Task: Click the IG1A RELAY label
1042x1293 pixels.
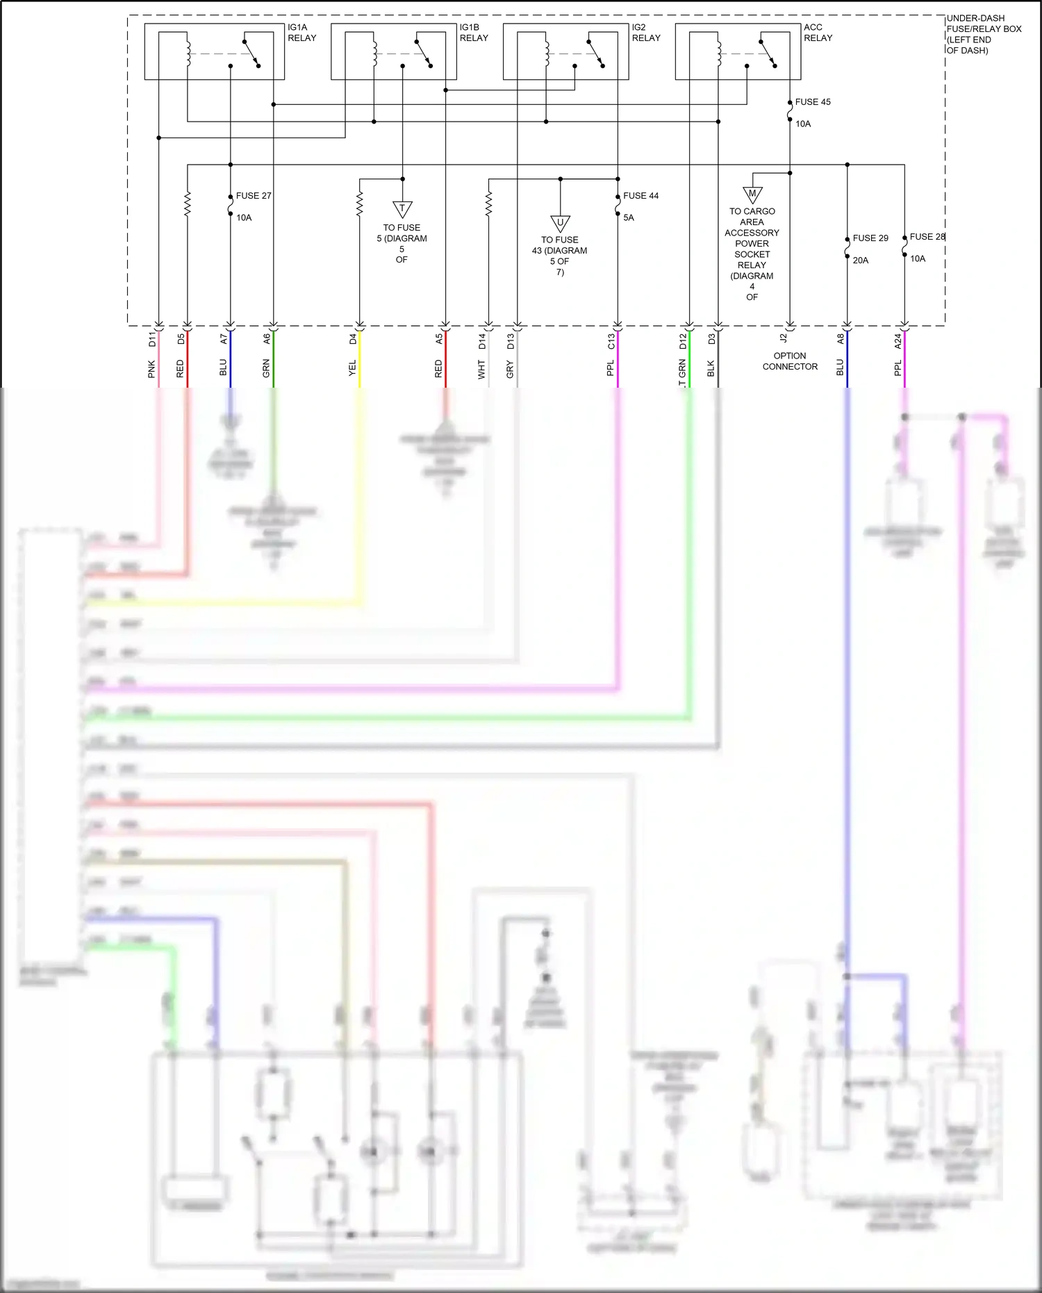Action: pos(301,33)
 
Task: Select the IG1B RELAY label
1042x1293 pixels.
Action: pos(474,33)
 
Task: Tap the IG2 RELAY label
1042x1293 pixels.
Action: pos(646,33)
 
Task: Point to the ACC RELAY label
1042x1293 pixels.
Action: pos(818,33)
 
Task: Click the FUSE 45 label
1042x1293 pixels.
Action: pos(813,102)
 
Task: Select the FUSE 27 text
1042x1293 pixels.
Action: pos(254,196)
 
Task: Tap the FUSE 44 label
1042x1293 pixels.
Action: pos(640,196)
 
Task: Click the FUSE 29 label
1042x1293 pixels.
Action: pos(870,238)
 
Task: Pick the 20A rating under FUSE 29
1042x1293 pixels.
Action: pos(861,261)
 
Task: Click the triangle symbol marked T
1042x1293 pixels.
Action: pos(402,208)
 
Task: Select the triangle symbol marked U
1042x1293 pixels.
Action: pos(560,224)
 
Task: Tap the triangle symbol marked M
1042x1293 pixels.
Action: pos(752,195)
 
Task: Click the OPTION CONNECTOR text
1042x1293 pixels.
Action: pos(790,361)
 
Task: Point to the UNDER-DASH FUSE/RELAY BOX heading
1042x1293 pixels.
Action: pos(983,34)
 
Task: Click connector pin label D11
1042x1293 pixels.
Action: pos(152,339)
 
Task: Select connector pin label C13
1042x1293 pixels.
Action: pos(611,341)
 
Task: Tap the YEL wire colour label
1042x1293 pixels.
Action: pos(352,368)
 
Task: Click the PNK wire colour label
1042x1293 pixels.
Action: pos(151,370)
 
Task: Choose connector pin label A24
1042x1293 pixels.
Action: pos(898,341)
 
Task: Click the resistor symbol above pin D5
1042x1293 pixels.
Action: pos(187,204)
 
